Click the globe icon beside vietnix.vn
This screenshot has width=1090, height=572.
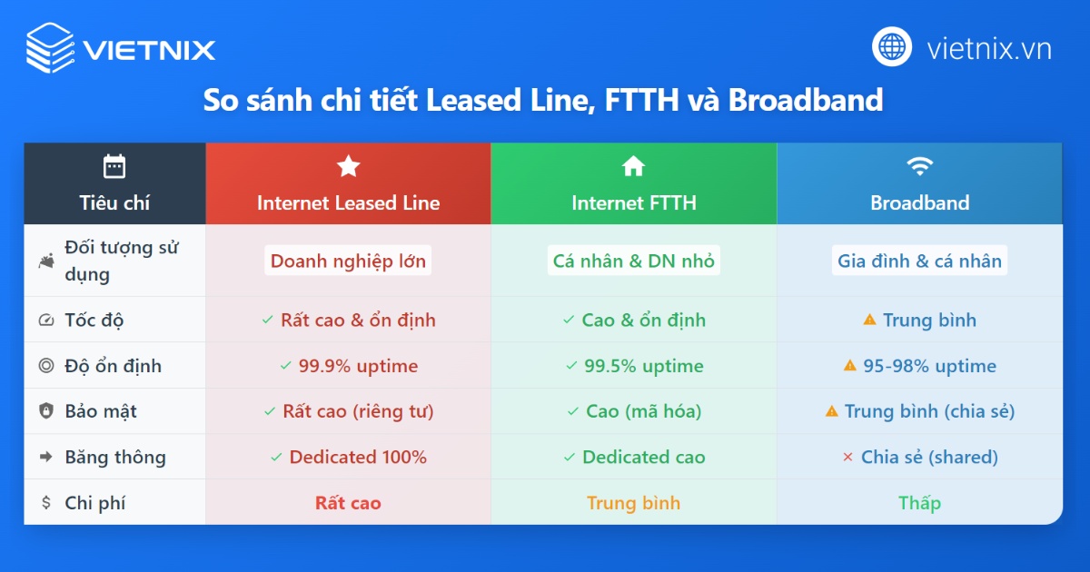click(x=892, y=47)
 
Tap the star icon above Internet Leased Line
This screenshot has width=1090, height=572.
click(x=348, y=166)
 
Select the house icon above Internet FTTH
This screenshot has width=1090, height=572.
click(x=633, y=166)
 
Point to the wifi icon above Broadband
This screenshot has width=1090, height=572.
click(x=919, y=166)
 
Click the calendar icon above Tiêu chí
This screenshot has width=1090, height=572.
click(x=114, y=166)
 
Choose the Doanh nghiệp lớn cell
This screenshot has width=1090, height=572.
click(x=348, y=261)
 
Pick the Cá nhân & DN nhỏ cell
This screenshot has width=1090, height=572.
click(x=634, y=261)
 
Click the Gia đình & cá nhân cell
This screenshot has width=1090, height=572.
click(x=919, y=261)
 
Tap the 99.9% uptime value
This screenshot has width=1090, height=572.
click(x=358, y=366)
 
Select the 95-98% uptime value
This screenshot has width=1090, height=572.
click(x=928, y=366)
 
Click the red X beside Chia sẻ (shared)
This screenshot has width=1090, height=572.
click(x=847, y=457)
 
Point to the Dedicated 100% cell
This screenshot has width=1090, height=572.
click(x=358, y=457)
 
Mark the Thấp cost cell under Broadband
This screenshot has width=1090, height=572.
click(x=919, y=502)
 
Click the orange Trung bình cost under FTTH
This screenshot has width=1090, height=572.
click(x=633, y=502)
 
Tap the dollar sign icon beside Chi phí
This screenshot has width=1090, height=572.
click(x=46, y=502)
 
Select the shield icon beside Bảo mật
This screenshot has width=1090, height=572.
click(x=46, y=411)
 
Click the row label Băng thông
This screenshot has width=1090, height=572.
click(x=115, y=457)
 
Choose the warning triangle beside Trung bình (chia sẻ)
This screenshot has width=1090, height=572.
click(x=831, y=411)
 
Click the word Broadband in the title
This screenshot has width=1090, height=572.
click(x=805, y=100)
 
